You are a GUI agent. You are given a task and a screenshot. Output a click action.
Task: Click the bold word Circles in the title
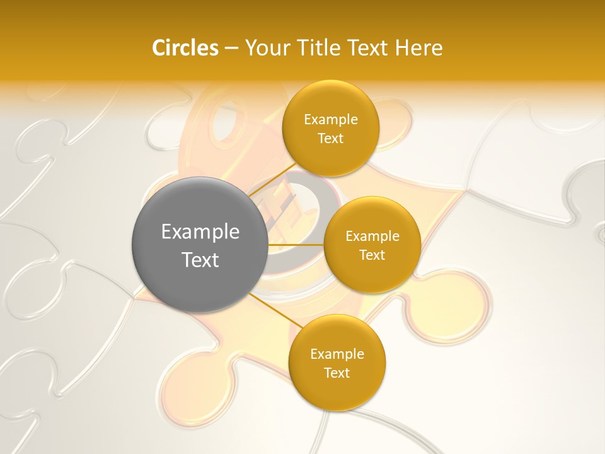(x=185, y=48)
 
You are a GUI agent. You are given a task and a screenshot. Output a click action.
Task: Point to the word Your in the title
(x=267, y=48)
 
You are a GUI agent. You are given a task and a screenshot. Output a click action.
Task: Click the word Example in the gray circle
(x=200, y=232)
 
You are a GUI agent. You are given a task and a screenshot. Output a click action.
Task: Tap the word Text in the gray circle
(x=200, y=260)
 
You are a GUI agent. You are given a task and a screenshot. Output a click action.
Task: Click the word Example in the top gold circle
(x=330, y=120)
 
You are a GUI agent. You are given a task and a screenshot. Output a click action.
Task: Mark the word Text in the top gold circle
(x=330, y=139)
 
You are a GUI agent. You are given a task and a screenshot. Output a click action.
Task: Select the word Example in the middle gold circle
(x=372, y=236)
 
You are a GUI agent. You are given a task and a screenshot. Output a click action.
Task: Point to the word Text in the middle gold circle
(x=372, y=255)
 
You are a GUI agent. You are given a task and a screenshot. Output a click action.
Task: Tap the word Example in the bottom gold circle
(x=337, y=354)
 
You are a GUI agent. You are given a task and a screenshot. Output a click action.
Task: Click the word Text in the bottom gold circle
(x=337, y=373)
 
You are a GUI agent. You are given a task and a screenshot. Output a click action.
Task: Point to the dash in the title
(x=231, y=49)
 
